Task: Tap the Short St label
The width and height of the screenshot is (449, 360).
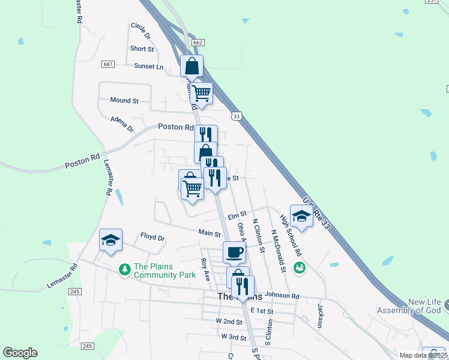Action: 142,49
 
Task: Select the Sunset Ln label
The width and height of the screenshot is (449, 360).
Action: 148,67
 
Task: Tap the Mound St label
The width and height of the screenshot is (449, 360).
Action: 124,101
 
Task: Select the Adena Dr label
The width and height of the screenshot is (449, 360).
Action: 122,124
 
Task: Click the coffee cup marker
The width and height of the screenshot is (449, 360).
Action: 234,251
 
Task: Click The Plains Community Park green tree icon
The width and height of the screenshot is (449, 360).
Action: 125,270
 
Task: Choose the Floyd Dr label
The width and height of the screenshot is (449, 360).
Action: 152,237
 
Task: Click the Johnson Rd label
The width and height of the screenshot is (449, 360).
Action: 282,295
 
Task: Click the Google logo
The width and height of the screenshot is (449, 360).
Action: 20,353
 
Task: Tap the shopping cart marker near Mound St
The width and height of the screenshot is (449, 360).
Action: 202,94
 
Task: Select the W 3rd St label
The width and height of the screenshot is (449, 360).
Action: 234,337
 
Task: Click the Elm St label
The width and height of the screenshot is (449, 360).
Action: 238,214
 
